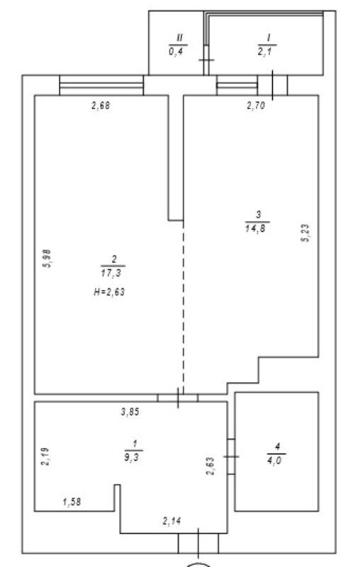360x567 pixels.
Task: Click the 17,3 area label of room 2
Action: coord(111,273)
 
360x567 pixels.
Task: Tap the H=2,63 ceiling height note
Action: coord(109,292)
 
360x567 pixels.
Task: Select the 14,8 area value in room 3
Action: coord(257,228)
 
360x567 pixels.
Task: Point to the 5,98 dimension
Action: coord(47,259)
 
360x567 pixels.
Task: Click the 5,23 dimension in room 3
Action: coord(305,233)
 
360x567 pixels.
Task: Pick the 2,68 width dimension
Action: coord(100,106)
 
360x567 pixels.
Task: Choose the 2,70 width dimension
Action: coord(256,106)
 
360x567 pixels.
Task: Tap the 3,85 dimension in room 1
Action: coord(130,412)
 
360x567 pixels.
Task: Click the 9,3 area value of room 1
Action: coord(132,457)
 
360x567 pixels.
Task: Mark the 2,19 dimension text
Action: coord(46,456)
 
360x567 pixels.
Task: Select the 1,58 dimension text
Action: coord(72,502)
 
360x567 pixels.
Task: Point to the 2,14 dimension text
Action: coord(171,521)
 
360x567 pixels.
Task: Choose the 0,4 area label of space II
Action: coord(176,51)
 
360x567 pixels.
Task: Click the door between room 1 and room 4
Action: coord(231,456)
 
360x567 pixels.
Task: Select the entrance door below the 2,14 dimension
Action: coord(198,543)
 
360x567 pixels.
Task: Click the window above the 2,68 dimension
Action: coord(101,85)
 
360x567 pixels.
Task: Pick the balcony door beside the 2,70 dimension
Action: coord(273,85)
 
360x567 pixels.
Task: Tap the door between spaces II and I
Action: coord(206,60)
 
